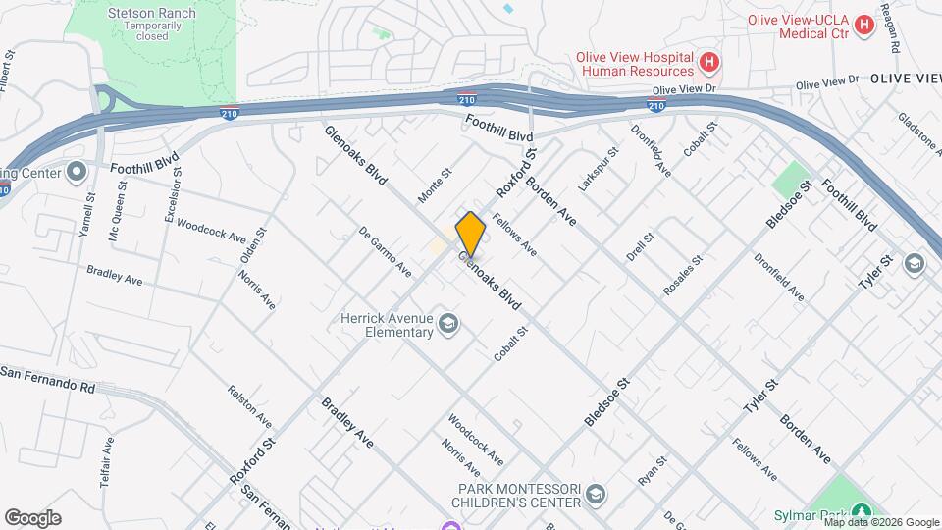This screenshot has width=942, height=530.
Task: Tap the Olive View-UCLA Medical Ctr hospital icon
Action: [864, 25]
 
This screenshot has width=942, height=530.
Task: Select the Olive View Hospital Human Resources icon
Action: [709, 65]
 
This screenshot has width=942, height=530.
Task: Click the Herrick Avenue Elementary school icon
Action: [448, 325]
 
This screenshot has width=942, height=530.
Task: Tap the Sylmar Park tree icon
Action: [862, 511]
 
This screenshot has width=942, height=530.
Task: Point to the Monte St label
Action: [434, 185]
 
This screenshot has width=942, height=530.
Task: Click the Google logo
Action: [32, 517]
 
